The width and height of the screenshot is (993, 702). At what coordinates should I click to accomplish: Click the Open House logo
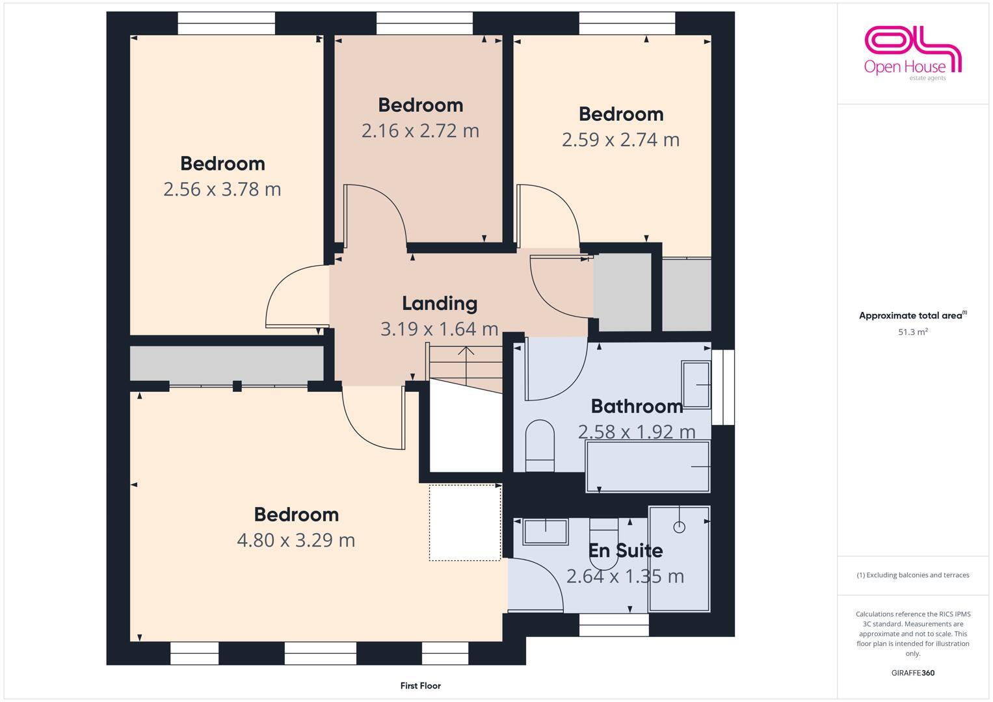tap(912, 53)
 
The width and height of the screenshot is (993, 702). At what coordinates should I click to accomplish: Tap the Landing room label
tap(440, 303)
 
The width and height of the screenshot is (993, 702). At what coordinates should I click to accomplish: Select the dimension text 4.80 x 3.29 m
tap(296, 540)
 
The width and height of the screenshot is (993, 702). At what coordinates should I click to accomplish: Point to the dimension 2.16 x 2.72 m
tap(420, 131)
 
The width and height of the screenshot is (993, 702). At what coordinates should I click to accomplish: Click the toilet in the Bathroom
tap(539, 445)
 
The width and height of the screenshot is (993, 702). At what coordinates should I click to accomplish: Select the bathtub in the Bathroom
tap(648, 467)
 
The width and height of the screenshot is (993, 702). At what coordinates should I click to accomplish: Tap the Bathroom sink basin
tap(696, 384)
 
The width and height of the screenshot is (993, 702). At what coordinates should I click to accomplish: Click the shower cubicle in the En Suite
tap(679, 558)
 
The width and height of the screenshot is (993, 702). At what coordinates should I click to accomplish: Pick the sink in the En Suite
tap(545, 531)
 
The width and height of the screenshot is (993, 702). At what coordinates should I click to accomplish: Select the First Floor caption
tap(420, 685)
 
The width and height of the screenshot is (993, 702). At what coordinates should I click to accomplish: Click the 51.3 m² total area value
tap(912, 332)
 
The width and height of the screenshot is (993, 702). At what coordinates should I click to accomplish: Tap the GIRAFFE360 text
tap(912, 673)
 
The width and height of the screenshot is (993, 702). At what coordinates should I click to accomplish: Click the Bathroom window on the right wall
tap(723, 387)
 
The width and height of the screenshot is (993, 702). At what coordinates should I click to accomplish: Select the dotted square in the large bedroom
tap(464, 523)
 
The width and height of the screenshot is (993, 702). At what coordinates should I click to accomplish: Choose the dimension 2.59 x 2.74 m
tap(620, 140)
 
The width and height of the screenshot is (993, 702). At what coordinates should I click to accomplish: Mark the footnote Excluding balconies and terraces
tap(912, 575)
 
